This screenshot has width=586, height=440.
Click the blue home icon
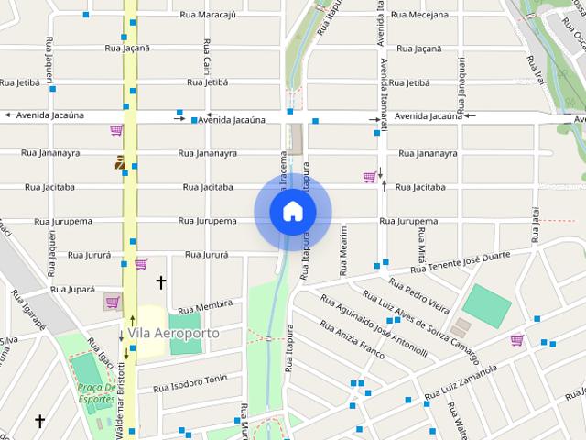pos(293,212)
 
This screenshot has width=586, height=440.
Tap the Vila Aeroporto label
pos(174,333)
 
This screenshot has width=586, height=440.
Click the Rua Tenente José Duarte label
pos(460,263)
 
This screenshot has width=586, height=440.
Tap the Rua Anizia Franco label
pos(352,337)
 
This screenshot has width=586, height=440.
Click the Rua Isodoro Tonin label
pos(190,379)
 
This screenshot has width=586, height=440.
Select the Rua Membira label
pos(205,304)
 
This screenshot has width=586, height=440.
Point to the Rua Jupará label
pos(72,289)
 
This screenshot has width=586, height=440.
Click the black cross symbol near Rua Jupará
pos(161,282)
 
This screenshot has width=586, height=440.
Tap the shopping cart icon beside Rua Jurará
pos(141,264)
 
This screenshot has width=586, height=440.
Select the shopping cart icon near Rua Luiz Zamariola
pos(517,340)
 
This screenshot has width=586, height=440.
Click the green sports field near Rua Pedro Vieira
pos(486,306)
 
